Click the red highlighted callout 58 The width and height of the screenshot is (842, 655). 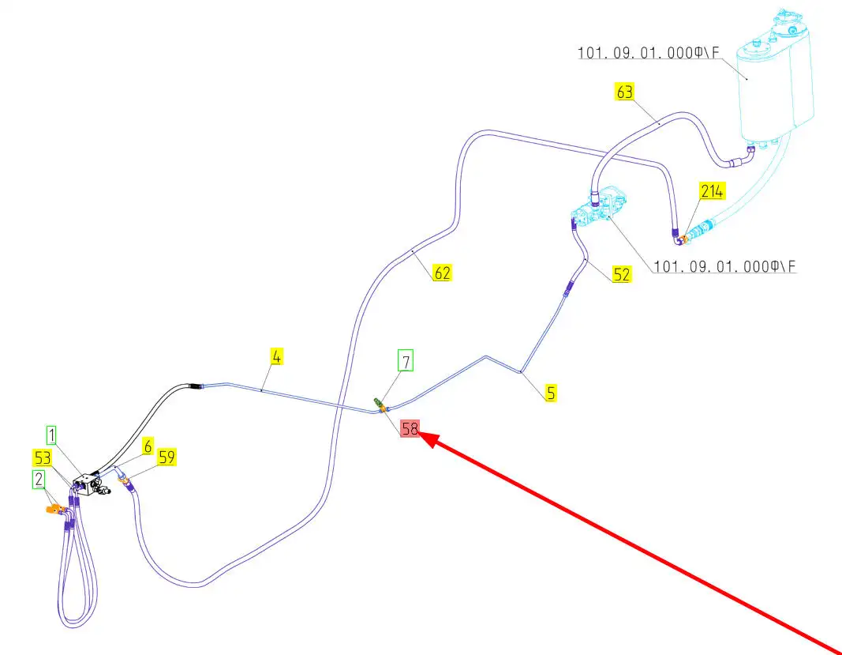410,429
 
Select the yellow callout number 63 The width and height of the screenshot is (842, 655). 624,92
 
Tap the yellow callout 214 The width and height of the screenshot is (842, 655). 710,190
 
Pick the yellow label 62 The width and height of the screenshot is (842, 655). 442,273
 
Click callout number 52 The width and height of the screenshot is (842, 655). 622,274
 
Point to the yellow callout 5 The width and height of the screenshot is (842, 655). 551,392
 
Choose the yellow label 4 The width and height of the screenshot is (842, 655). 276,356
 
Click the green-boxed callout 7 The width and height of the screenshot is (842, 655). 406,362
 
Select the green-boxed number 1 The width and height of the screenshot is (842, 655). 51,435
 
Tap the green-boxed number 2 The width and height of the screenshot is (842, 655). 38,479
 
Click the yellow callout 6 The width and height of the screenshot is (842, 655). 148,446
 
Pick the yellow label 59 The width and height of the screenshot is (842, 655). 167,457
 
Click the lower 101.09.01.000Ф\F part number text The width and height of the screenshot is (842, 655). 721,267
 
